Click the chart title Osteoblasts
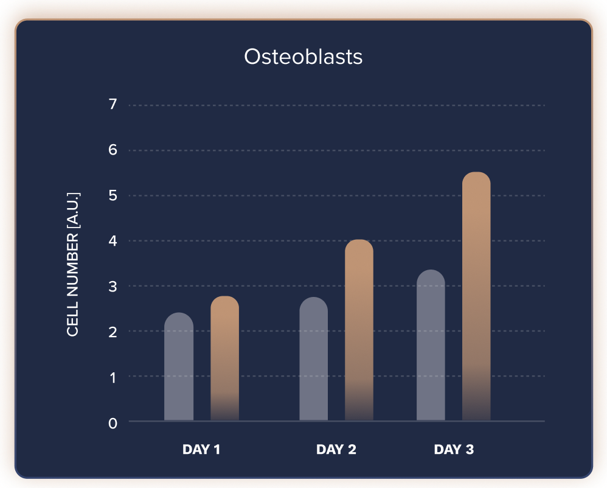click(x=303, y=57)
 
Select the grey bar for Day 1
click(x=179, y=367)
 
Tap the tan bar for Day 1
click(x=224, y=359)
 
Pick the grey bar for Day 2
click(x=314, y=359)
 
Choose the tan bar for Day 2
click(x=359, y=330)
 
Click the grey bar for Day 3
click(x=431, y=345)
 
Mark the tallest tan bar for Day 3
click(x=476, y=296)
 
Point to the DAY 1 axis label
click(x=201, y=450)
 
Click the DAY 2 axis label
click(x=336, y=450)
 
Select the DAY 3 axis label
click(x=454, y=450)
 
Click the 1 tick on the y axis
click(x=113, y=377)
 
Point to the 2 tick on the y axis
click(x=113, y=332)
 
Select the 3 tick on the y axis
click(x=113, y=287)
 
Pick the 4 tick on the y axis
click(x=113, y=242)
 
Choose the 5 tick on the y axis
click(x=113, y=196)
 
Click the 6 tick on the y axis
click(x=113, y=150)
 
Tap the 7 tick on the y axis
click(x=113, y=105)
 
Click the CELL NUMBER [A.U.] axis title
click(x=73, y=265)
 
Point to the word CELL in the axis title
click(x=73, y=322)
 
